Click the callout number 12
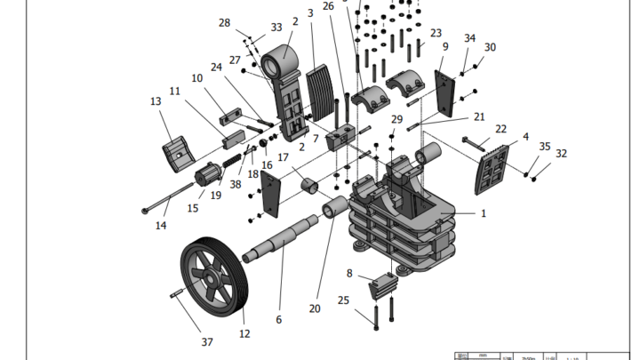pyautogui.click(x=244, y=334)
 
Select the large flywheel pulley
pyautogui.click(x=212, y=276)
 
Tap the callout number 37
pyautogui.click(x=207, y=342)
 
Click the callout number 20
pyautogui.click(x=315, y=308)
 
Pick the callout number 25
pyautogui.click(x=343, y=301)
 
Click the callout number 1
pyautogui.click(x=484, y=213)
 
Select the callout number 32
pyautogui.click(x=561, y=153)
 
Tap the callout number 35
pyautogui.click(x=545, y=146)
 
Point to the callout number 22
pyautogui.click(x=501, y=129)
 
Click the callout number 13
pyautogui.click(x=156, y=102)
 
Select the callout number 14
pyautogui.click(x=161, y=226)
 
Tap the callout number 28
pyautogui.click(x=224, y=22)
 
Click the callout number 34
pyautogui.click(x=469, y=38)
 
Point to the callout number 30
pyautogui.click(x=490, y=47)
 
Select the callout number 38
pyautogui.click(x=236, y=185)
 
